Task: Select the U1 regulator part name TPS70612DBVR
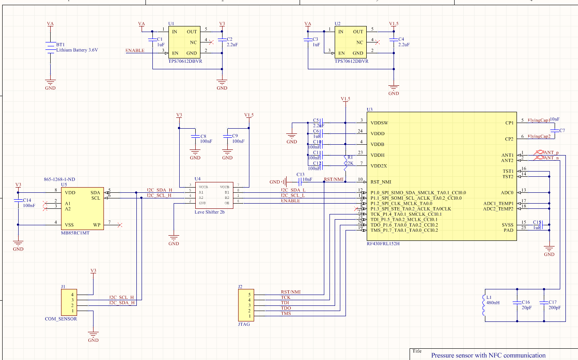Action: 185,61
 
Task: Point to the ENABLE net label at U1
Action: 135,51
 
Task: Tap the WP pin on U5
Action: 97,225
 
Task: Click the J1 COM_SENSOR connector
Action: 69,302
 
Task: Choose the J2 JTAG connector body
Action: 246,305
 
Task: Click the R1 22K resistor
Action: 346,161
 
